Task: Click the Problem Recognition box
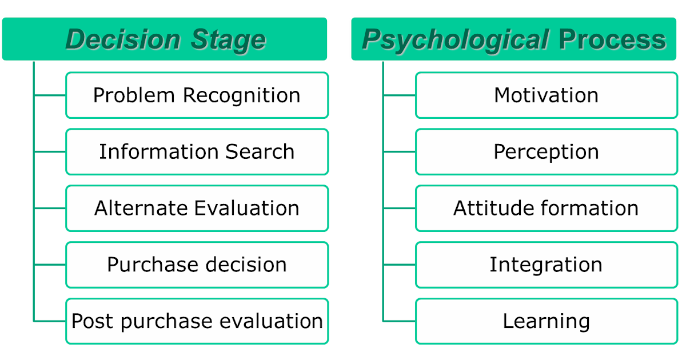coord(197,95)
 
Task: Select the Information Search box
coord(197,152)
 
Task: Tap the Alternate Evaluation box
coord(197,208)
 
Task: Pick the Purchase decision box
coord(197,265)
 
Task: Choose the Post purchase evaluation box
coord(197,321)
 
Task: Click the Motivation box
coord(546,95)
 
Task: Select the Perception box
coord(546,152)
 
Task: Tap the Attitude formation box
coord(546,208)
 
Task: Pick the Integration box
coord(546,265)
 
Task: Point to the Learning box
coord(546,321)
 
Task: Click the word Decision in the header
coord(123,40)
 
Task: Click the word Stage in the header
coord(228,40)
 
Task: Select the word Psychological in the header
coord(456,40)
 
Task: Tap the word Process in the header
coord(612,40)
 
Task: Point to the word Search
coord(260,152)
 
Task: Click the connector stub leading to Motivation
coord(399,95)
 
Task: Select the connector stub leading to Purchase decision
coord(50,265)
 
